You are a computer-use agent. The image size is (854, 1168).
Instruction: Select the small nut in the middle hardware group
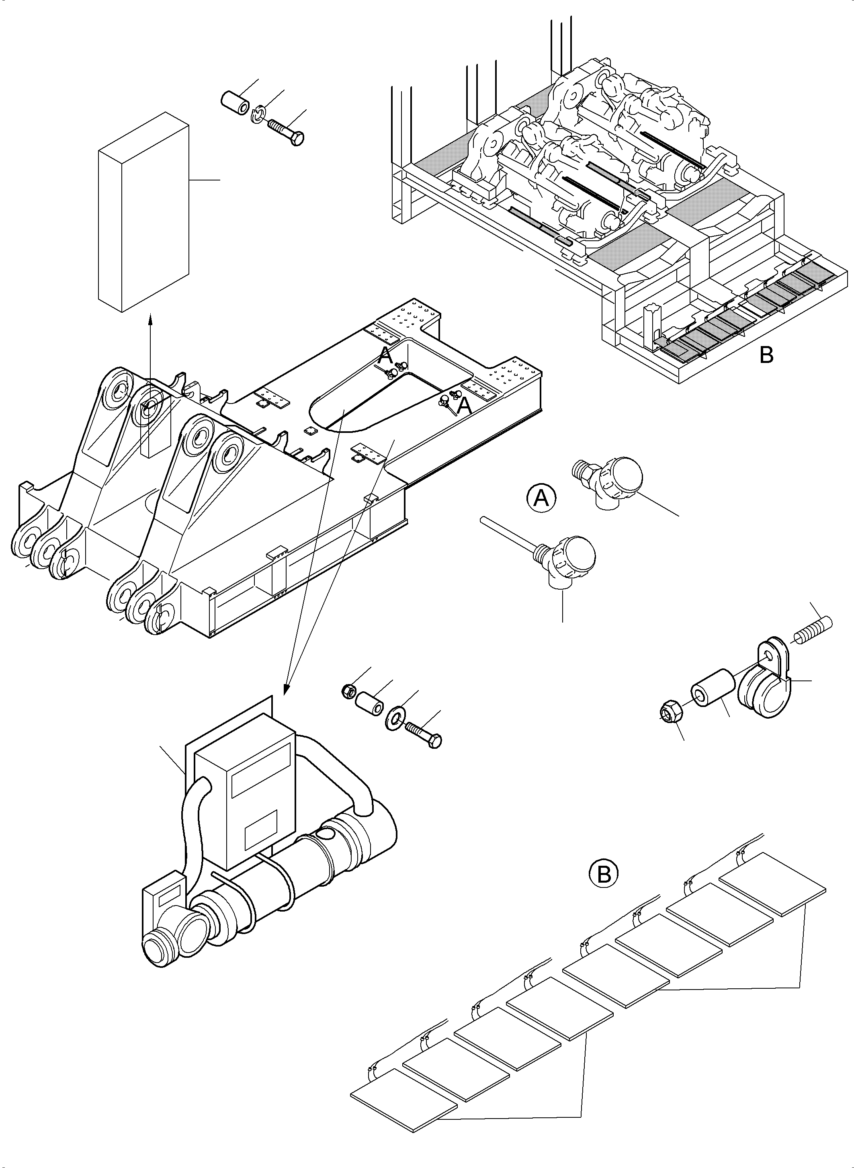(x=348, y=690)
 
